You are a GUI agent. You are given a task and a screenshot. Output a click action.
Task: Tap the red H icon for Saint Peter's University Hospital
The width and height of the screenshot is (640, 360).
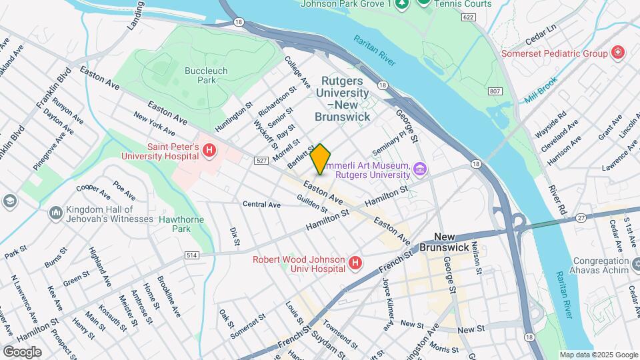(209, 151)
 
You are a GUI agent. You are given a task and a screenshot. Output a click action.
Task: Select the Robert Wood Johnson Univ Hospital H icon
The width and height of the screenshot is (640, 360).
(355, 263)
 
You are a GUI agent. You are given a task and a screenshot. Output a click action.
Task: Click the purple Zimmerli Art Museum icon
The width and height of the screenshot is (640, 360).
(419, 169)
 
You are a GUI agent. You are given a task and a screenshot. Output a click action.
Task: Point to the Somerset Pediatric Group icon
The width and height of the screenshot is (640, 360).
(618, 53)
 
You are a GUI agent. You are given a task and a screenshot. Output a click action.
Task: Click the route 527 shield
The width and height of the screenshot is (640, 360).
(261, 160)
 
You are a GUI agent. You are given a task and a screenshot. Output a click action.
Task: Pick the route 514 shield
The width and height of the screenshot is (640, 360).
(193, 255)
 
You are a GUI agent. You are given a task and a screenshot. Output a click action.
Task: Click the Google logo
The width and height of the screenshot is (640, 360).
(22, 351)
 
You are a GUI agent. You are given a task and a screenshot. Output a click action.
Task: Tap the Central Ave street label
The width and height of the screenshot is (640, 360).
(261, 205)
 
